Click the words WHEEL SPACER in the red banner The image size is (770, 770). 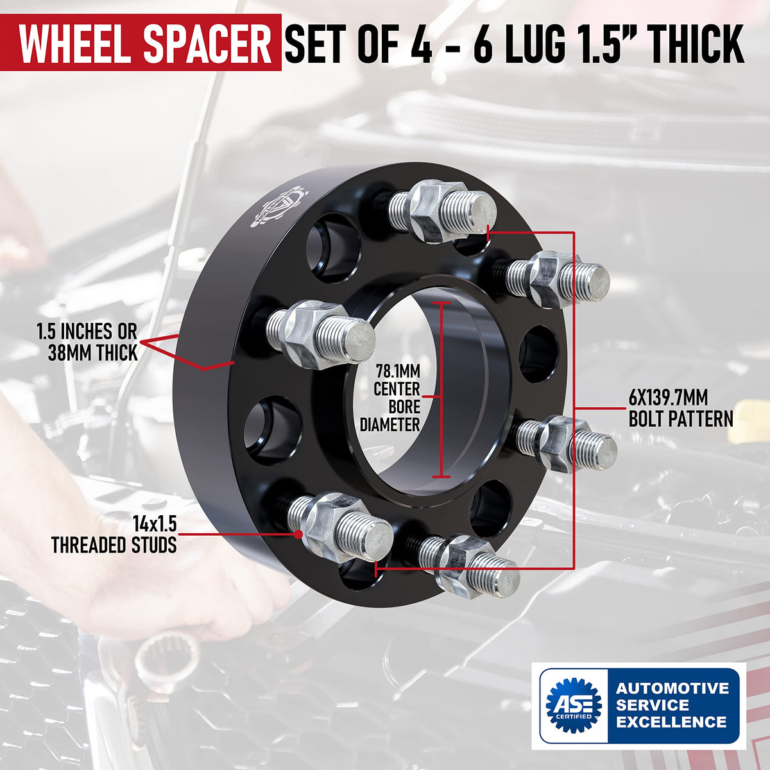click(145, 43)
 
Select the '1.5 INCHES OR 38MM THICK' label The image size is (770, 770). click(87, 342)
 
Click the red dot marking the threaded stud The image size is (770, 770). click(298, 533)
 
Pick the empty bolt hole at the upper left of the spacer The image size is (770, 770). click(333, 248)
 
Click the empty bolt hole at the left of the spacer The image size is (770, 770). click(273, 431)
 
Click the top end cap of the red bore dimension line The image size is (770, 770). click(441, 303)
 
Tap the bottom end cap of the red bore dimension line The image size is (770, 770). click(441, 476)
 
